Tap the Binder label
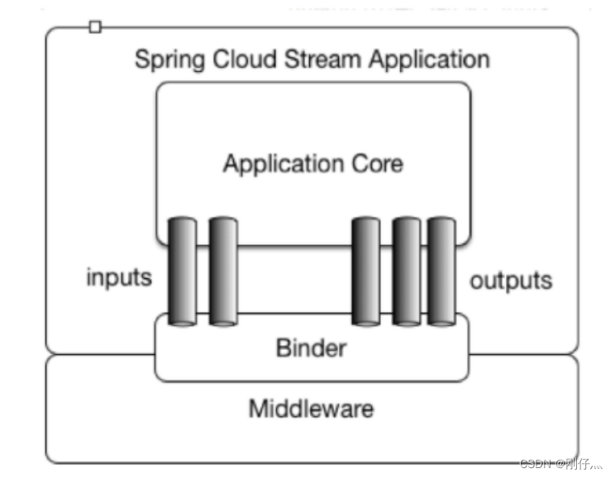pos(311,348)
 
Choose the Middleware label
pos(311,408)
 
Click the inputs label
pos(119,277)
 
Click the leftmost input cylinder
pos(182,271)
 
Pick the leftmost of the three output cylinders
pos(365,271)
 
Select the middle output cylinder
pos(406,271)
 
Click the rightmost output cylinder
pos(441,271)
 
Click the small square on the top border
pos(95,27)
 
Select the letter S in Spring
pos(141,59)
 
